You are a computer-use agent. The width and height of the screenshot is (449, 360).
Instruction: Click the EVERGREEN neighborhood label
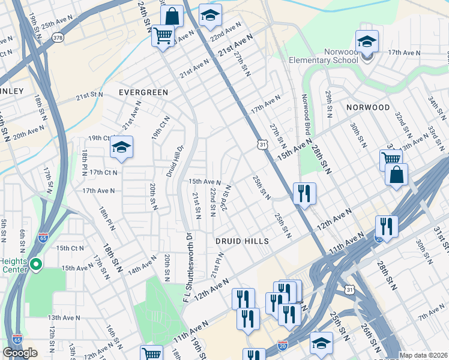click(143, 92)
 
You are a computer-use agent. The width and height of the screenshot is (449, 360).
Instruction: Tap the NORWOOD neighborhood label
click(368, 107)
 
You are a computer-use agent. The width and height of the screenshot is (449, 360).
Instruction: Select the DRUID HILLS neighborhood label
click(241, 241)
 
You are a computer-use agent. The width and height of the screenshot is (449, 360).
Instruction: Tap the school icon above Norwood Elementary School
click(366, 42)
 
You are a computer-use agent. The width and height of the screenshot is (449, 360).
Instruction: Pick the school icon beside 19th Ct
click(121, 148)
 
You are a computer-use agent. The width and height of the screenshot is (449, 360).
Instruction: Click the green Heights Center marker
click(35, 264)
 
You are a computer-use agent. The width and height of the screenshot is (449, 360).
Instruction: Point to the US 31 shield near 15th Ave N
click(262, 144)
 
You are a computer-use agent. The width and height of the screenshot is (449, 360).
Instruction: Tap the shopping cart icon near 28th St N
click(391, 160)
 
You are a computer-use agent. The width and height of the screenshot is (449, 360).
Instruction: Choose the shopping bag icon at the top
click(172, 16)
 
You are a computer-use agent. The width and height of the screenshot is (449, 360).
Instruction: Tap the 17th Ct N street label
click(103, 172)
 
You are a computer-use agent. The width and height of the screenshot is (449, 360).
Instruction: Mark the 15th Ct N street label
click(70, 248)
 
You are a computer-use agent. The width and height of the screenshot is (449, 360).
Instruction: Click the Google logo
click(20, 353)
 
